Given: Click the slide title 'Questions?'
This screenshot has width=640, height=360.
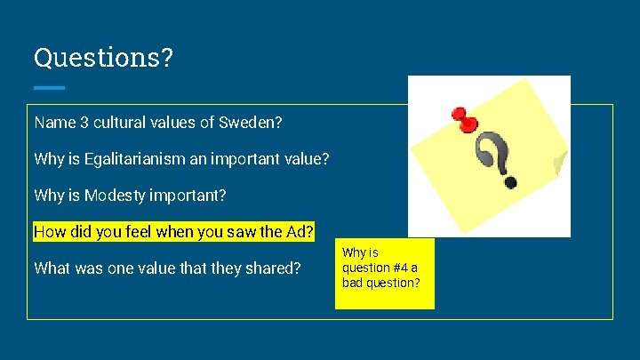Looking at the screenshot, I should (x=103, y=58).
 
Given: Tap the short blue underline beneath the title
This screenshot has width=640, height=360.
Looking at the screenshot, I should (x=49, y=88).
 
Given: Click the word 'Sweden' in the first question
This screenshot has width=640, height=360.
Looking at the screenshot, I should (x=232, y=121).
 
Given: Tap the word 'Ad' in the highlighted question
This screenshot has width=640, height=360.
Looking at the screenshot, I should (x=299, y=232).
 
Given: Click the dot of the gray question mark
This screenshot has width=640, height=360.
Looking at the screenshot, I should (x=510, y=182).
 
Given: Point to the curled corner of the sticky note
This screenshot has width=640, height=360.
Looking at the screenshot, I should (x=559, y=164).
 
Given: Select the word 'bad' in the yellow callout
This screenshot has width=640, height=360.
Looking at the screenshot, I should (x=353, y=283).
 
